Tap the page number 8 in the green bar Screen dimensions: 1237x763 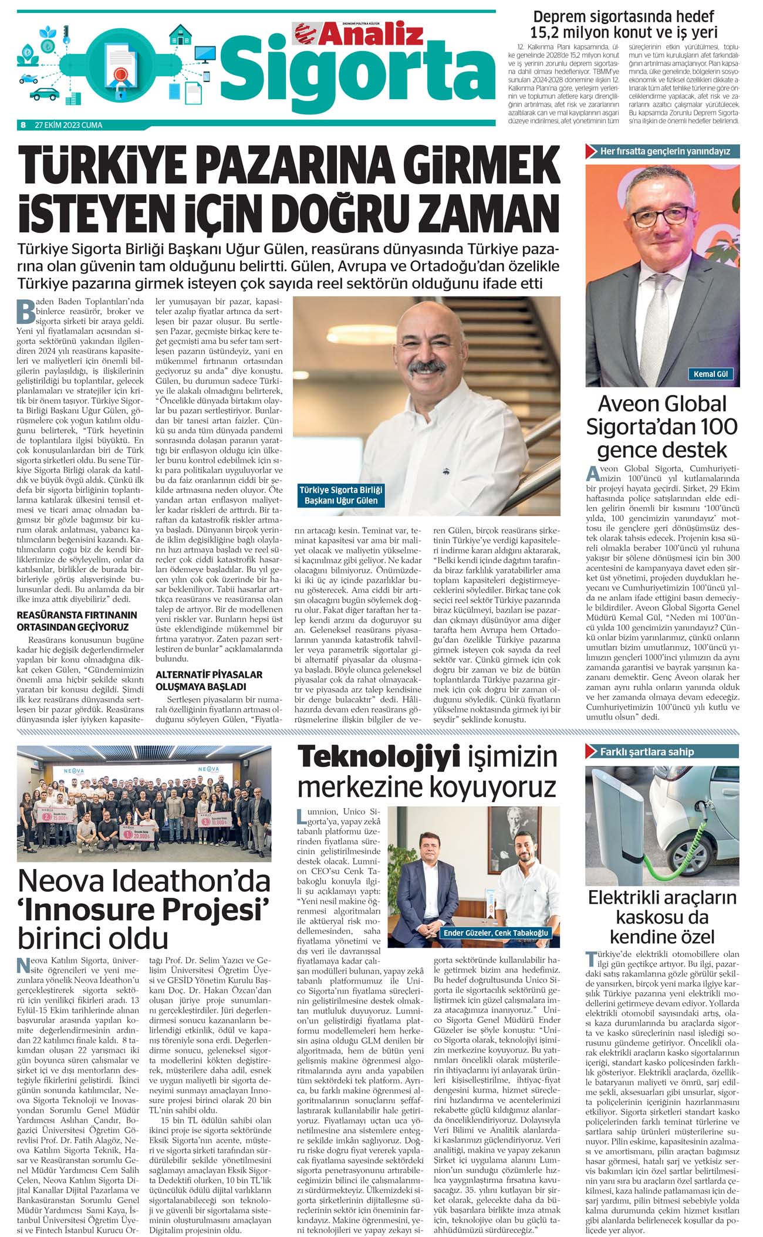tap(23, 125)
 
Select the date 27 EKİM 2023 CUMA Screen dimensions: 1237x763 tap(69, 125)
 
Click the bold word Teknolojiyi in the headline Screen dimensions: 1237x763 tap(379, 757)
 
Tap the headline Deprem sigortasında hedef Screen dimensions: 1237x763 tap(623, 16)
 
